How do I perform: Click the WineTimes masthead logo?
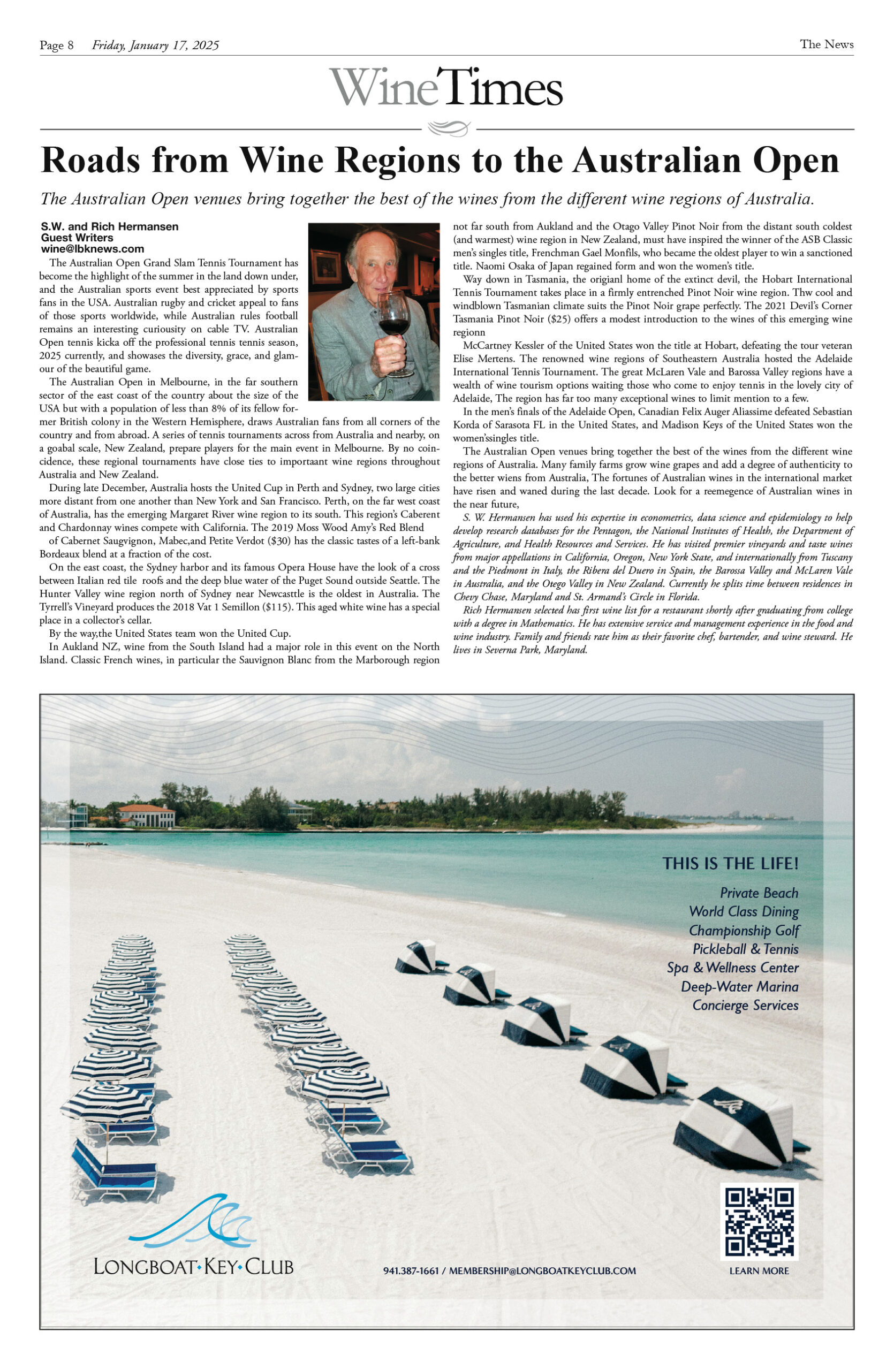coord(445,87)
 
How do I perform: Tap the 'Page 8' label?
coord(56,45)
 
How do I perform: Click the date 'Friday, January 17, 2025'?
coord(155,45)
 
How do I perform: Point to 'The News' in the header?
coord(826,44)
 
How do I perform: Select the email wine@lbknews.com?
coord(92,249)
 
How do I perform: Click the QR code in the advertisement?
coord(759,1221)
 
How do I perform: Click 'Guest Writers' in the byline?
coord(77,238)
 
